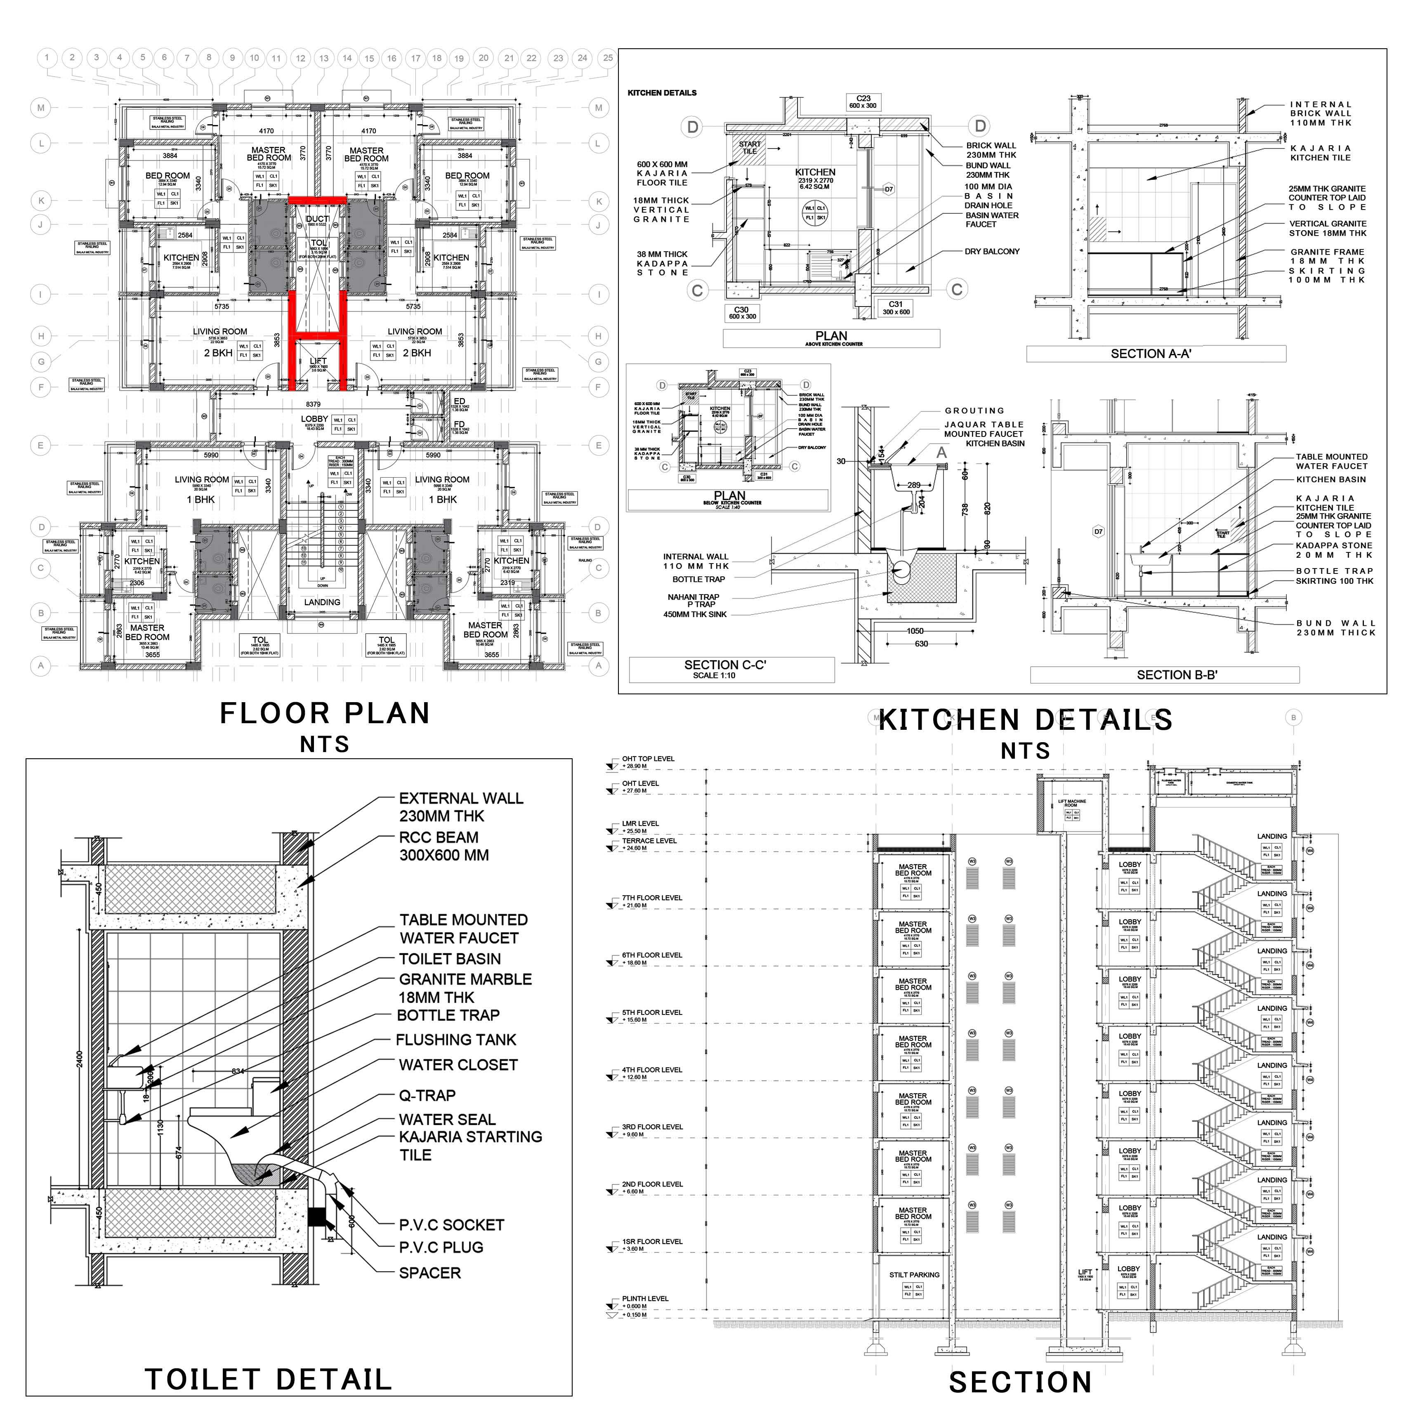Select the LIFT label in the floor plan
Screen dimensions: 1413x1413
click(x=318, y=361)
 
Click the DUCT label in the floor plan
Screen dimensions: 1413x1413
click(x=317, y=219)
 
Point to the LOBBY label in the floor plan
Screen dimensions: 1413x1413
click(x=314, y=419)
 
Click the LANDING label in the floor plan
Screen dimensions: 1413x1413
click(x=322, y=602)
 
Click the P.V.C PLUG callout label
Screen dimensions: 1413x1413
click(x=441, y=1247)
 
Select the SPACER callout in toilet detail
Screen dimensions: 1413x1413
click(x=429, y=1273)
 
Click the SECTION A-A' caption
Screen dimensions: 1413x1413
click(x=1151, y=354)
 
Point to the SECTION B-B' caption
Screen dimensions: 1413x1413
click(x=1176, y=675)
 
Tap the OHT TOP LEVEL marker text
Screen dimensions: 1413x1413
click(x=648, y=758)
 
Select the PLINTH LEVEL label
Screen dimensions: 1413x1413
click(x=645, y=1298)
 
